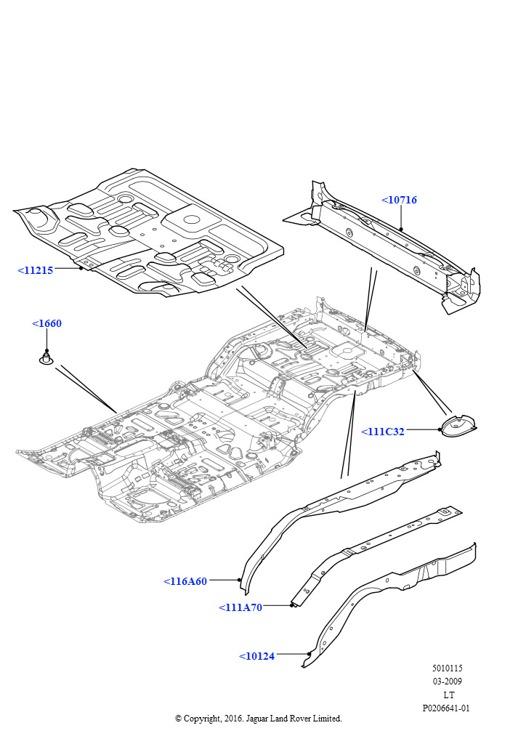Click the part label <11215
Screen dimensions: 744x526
point(35,270)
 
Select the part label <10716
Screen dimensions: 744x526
point(399,200)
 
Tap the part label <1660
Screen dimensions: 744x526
point(46,323)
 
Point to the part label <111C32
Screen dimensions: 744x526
point(383,432)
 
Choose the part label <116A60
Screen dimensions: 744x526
point(185,581)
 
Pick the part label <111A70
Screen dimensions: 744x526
point(240,607)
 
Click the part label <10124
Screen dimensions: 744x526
point(256,656)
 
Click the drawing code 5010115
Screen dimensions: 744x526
point(447,668)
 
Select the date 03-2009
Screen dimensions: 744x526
point(447,682)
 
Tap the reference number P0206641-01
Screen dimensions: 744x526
point(446,708)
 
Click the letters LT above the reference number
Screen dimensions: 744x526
point(448,695)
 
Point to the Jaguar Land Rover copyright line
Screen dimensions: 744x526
point(258,719)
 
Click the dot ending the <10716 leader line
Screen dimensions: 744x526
point(400,230)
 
